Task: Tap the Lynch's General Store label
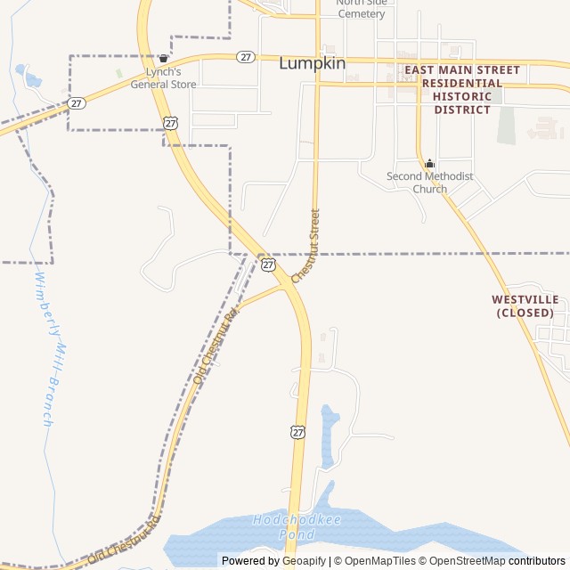(163, 78)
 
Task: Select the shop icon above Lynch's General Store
(163, 59)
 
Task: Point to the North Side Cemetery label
(361, 8)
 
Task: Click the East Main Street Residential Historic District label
(461, 89)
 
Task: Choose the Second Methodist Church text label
(429, 183)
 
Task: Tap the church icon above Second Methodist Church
(429, 163)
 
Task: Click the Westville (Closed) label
(525, 306)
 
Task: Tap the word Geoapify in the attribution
(305, 561)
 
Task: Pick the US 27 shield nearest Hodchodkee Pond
(298, 432)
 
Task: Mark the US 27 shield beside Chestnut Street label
(268, 265)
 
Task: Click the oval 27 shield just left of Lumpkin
(247, 56)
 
